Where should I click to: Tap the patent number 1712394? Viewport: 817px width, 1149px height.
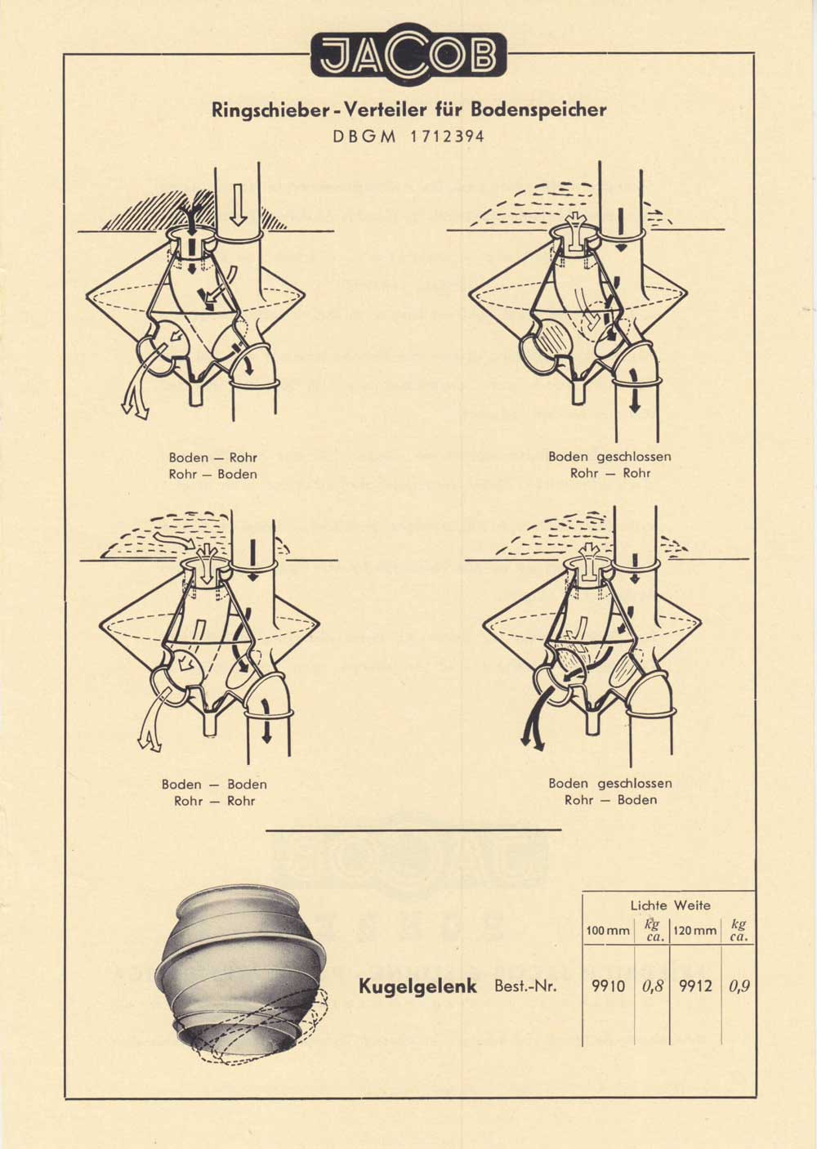tap(447, 136)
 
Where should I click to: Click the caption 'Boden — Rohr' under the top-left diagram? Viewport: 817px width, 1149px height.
tap(212, 458)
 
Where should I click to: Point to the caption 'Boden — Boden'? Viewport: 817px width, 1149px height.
tap(214, 785)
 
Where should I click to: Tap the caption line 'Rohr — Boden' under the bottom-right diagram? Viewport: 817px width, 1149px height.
tap(610, 800)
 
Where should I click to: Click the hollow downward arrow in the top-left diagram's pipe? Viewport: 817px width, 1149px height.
tap(238, 203)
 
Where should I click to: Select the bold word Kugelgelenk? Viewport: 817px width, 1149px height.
tap(417, 986)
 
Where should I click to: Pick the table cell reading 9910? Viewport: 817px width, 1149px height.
tap(608, 986)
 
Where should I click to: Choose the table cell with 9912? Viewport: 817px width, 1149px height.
tap(694, 986)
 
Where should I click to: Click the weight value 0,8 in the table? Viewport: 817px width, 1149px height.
tap(652, 986)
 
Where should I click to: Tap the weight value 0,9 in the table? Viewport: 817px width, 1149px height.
tap(739, 986)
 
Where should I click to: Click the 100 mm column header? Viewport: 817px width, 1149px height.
tap(607, 931)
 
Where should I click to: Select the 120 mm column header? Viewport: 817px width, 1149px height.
tap(695, 931)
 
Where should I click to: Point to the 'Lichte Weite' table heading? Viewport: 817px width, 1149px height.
tap(670, 905)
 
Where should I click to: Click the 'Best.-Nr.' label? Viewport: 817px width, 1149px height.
tap(525, 986)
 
